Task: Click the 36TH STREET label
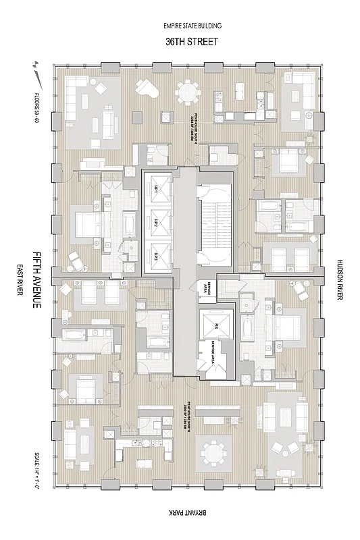tap(192, 41)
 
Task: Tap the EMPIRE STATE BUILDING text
tap(192, 26)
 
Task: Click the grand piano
tap(146, 88)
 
